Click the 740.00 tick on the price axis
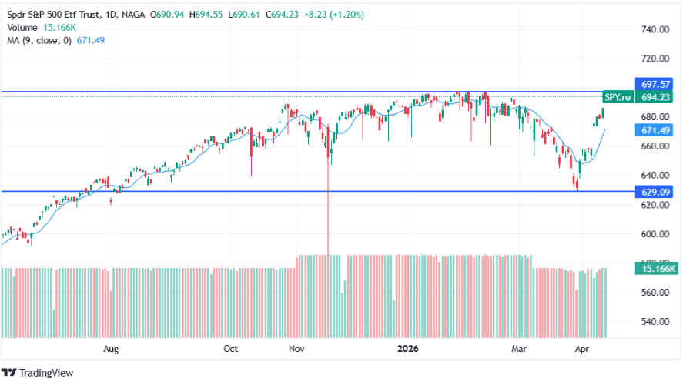coord(653,29)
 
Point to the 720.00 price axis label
coord(653,59)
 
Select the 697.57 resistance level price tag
coord(653,83)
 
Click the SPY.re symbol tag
coord(618,97)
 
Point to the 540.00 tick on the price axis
coord(653,322)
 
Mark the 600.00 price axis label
coord(653,234)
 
